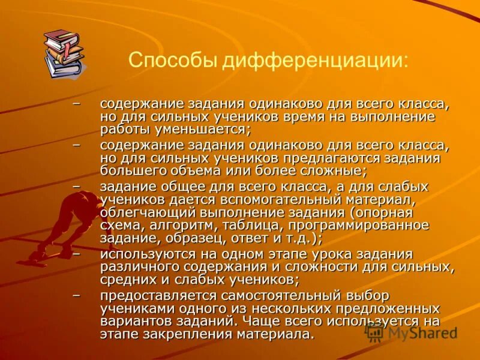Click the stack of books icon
pos(63,53)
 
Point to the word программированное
pos(359,226)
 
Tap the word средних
pos(125,280)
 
